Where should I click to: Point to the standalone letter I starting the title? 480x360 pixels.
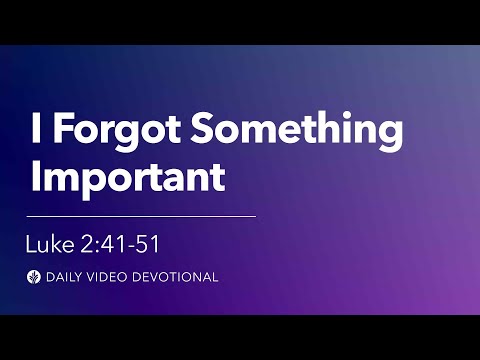tap(37, 133)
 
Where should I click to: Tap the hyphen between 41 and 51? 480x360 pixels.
tap(139, 242)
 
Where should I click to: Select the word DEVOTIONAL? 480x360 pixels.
tap(179, 277)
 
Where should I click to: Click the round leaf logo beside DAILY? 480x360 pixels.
tap(37, 277)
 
